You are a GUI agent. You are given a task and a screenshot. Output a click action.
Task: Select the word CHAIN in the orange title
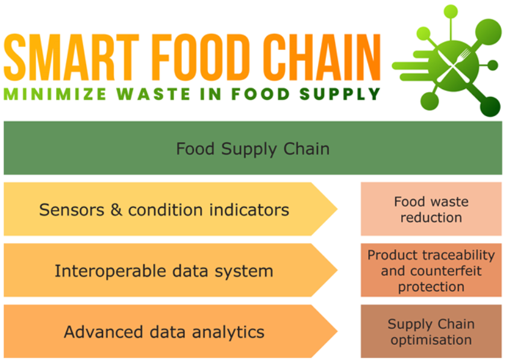pyautogui.click(x=322, y=57)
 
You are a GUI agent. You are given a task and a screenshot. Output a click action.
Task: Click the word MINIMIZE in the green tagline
pyautogui.click(x=55, y=94)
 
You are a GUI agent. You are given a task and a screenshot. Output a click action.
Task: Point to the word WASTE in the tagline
pyautogui.click(x=153, y=94)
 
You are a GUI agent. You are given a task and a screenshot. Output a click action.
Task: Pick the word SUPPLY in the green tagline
pyautogui.click(x=340, y=94)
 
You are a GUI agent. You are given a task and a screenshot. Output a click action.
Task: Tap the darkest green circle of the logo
pyautogui.click(x=490, y=107)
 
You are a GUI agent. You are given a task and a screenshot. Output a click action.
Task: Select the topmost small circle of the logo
pyautogui.click(x=451, y=11)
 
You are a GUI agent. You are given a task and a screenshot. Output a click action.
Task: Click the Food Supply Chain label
pyautogui.click(x=252, y=149)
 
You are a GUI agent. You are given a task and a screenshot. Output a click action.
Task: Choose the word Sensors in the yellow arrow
pyautogui.click(x=72, y=210)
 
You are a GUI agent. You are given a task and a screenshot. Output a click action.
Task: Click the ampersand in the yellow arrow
pyautogui.click(x=116, y=210)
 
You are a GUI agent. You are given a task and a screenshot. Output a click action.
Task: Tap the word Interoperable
pyautogui.click(x=111, y=271)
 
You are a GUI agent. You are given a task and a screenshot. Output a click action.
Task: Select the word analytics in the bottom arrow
pyautogui.click(x=228, y=332)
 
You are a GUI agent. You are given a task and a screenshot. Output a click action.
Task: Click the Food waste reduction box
pyautogui.click(x=431, y=209)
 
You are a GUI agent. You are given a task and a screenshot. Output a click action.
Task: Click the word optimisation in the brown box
pyautogui.click(x=431, y=340)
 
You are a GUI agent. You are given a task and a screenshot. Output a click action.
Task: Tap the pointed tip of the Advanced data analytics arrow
pyautogui.click(x=337, y=331)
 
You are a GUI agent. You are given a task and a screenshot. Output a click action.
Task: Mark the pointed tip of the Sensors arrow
pyautogui.click(x=337, y=209)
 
